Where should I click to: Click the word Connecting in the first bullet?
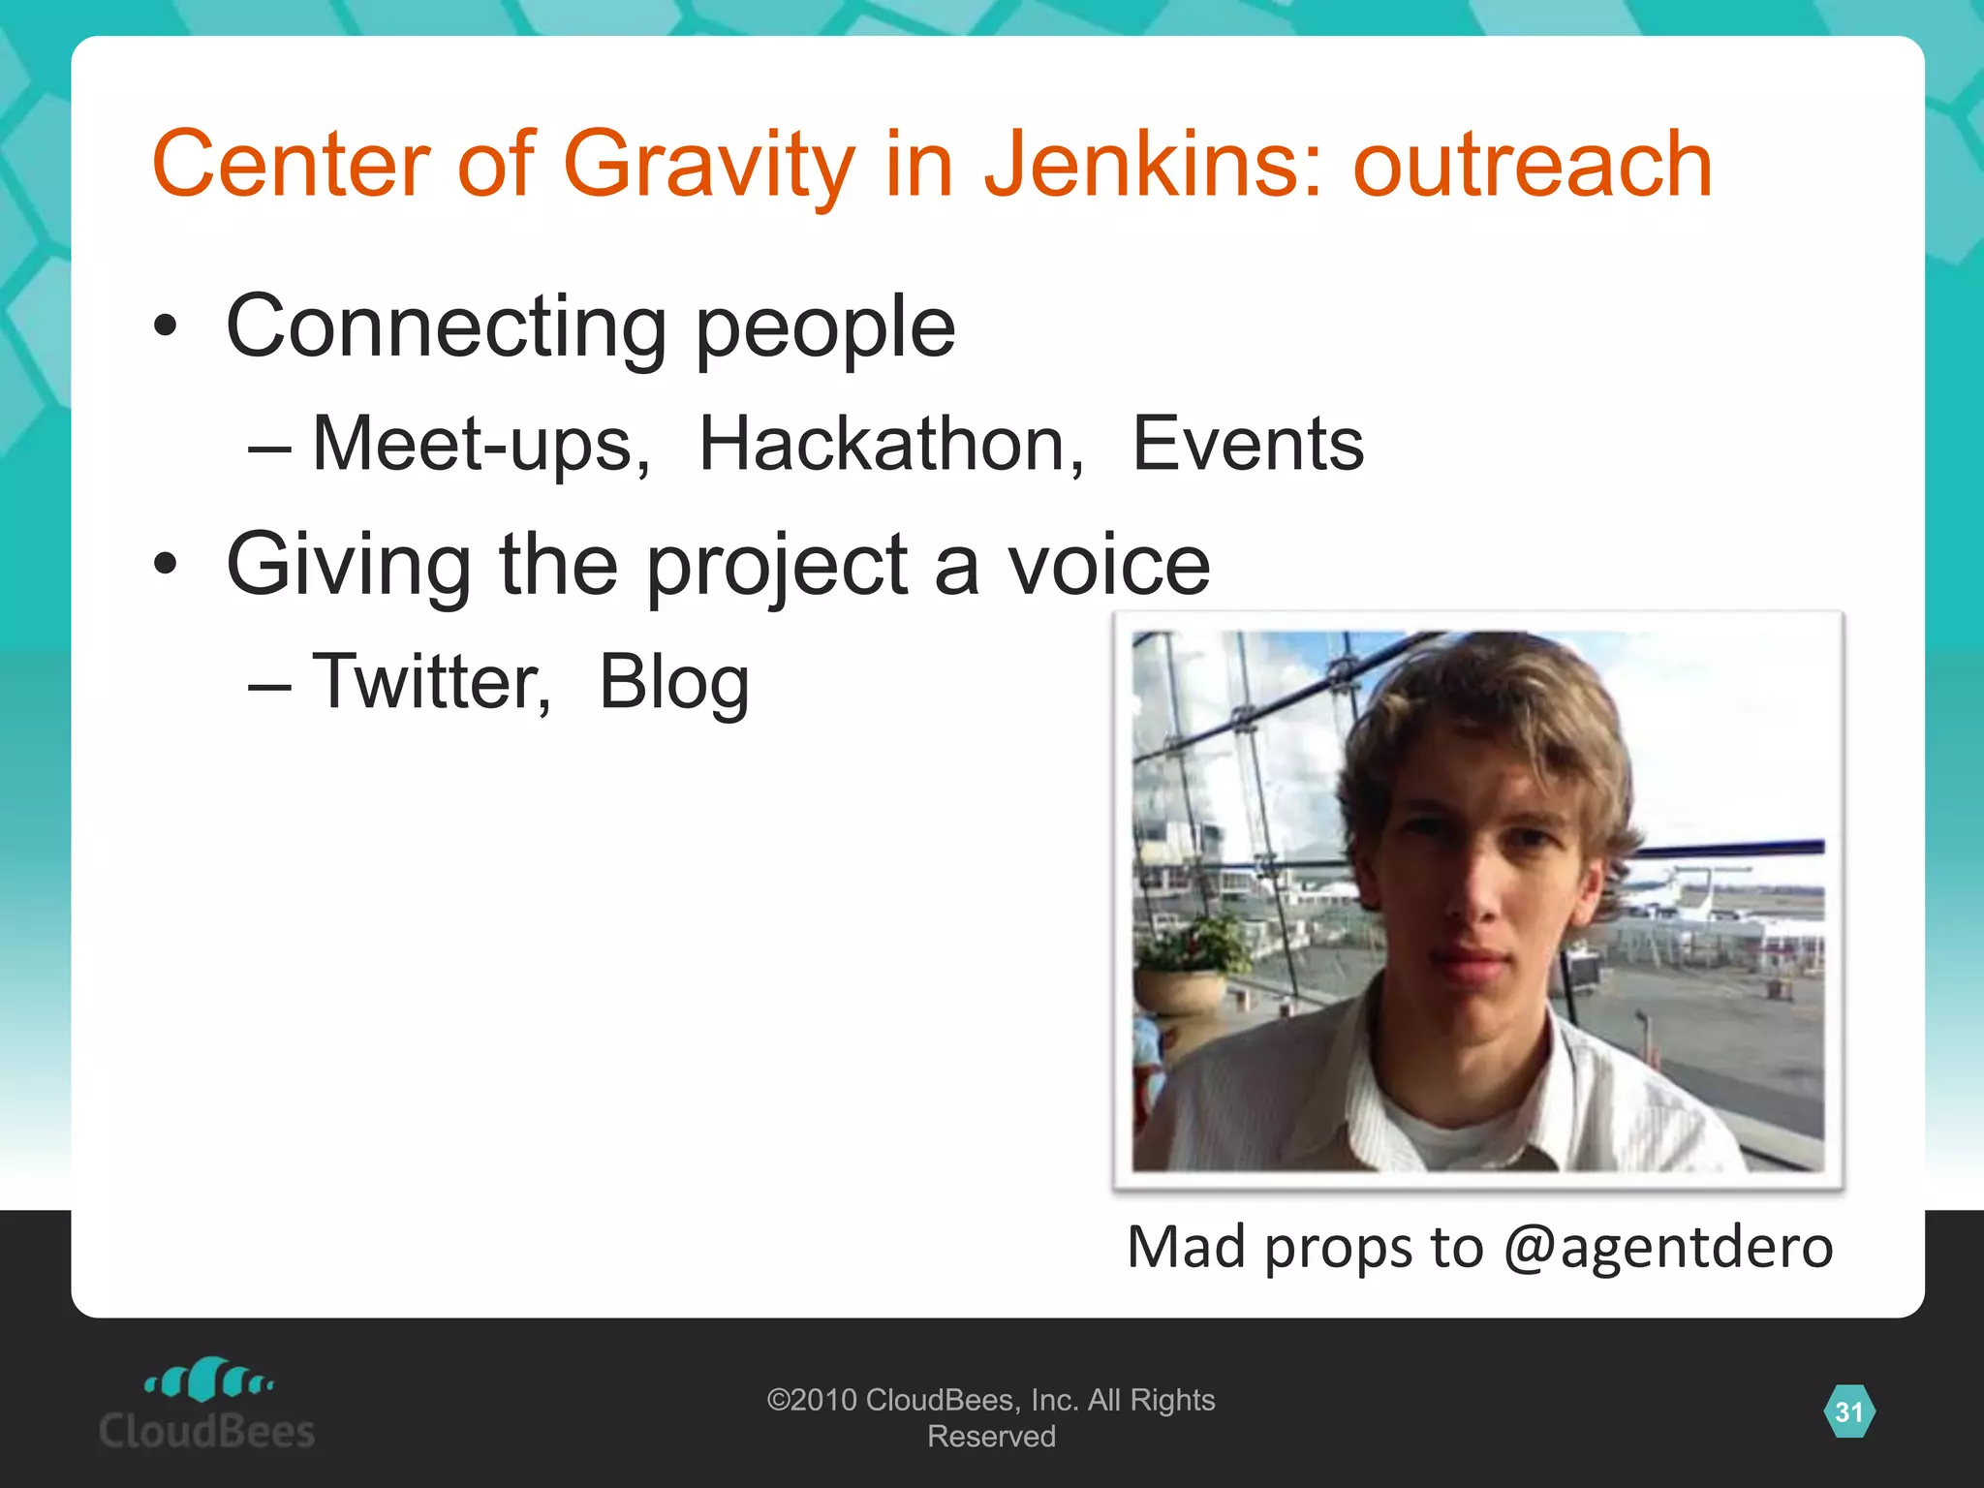[x=446, y=327]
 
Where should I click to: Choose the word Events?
[x=1248, y=444]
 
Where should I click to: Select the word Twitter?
[x=431, y=681]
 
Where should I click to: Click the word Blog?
[x=674, y=683]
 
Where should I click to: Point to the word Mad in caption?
[x=1186, y=1247]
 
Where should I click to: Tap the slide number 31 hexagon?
[x=1848, y=1411]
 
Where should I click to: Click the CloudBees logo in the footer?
[x=207, y=1405]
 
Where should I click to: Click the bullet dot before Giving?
[x=166, y=564]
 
